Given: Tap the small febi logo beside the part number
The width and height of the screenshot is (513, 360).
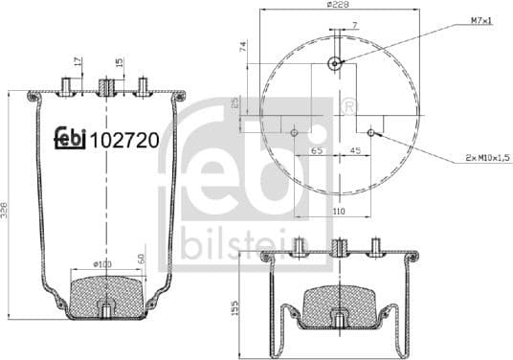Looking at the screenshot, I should [x=68, y=140].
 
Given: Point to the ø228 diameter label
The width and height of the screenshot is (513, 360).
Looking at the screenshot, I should [x=337, y=6].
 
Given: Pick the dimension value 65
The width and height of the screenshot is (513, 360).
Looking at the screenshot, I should [x=316, y=151].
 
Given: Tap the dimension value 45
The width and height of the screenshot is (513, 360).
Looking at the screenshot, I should [x=353, y=151].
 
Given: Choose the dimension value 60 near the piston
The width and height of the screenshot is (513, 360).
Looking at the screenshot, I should [x=142, y=259].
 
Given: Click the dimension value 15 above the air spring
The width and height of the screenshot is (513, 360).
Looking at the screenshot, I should [x=119, y=63].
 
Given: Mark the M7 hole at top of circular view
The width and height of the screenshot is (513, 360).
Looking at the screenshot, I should [x=334, y=64].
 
